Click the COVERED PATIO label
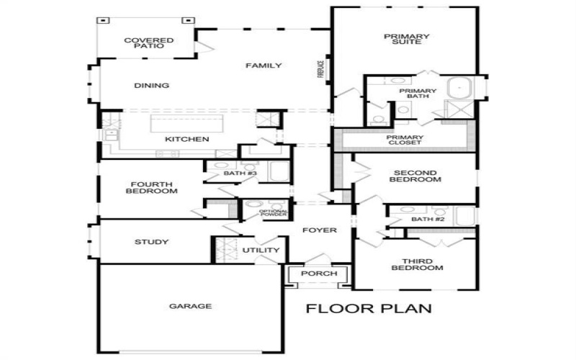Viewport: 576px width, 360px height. click(144, 42)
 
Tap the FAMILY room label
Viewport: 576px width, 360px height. click(263, 66)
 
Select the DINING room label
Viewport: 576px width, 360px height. click(151, 86)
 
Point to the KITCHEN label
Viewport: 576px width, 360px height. click(186, 139)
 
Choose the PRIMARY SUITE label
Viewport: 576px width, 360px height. click(407, 40)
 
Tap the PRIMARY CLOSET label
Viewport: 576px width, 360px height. click(404, 140)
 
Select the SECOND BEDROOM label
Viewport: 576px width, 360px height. click(415, 176)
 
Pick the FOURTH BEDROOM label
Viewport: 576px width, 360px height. click(151, 187)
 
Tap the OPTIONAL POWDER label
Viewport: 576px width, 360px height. click(274, 213)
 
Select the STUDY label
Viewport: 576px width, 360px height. click(151, 242)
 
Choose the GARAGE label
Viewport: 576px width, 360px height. click(191, 306)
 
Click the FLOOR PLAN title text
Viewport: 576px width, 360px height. click(369, 310)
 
